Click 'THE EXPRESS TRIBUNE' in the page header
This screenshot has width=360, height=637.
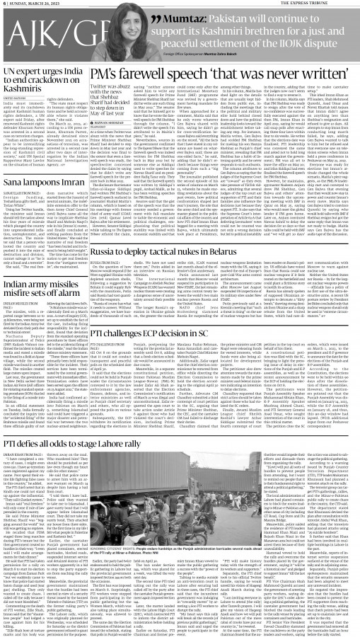[332, 6]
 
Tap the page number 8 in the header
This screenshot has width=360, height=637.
[4, 6]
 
